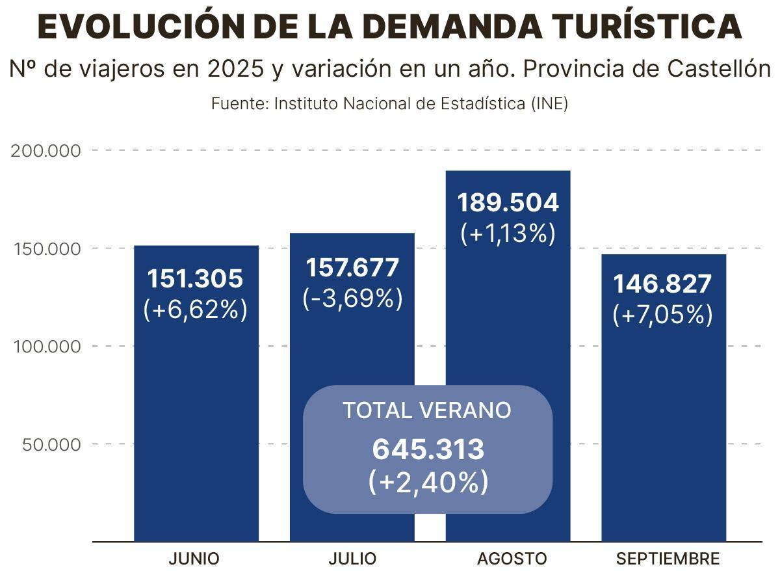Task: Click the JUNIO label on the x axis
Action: point(194,559)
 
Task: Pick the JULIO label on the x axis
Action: point(352,559)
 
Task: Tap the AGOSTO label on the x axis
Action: point(512,559)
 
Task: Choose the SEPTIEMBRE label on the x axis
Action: point(668,559)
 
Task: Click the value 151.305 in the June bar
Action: point(195,279)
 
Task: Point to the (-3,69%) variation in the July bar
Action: point(353,299)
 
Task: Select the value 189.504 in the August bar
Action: point(508,203)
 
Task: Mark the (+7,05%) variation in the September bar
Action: point(662,315)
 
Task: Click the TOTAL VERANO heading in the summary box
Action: point(426,410)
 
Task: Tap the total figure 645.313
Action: point(428,449)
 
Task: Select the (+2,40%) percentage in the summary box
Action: point(428,482)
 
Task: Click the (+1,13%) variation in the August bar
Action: point(508,233)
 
